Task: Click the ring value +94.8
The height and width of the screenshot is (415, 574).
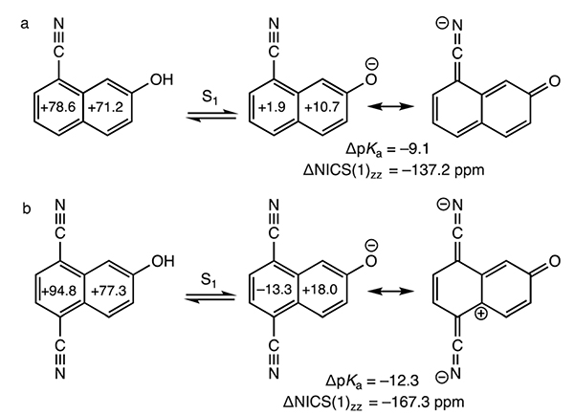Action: click(58, 287)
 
